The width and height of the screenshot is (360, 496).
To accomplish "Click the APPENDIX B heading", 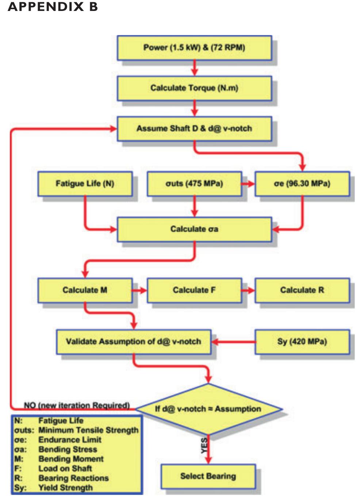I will [x=53, y=7].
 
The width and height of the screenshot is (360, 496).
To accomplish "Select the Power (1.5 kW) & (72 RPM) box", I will [x=194, y=47].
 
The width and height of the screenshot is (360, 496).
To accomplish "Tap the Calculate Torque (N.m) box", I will [x=194, y=88].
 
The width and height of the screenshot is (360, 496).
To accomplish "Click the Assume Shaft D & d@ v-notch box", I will [x=194, y=128].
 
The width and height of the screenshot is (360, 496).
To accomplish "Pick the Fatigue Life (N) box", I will [x=85, y=184].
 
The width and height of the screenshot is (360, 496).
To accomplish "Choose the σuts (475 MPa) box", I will [x=194, y=184].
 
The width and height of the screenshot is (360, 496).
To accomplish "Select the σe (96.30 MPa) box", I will [x=302, y=184].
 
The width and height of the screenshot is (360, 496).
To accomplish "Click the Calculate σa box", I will [x=194, y=229].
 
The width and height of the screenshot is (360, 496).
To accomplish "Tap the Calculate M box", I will [x=85, y=290].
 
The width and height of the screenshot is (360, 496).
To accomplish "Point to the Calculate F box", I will [x=194, y=290].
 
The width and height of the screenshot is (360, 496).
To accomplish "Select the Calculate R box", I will [x=302, y=290].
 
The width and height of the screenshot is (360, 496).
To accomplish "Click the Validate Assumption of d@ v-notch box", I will [x=134, y=342].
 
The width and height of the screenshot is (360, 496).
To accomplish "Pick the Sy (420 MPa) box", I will [x=302, y=342].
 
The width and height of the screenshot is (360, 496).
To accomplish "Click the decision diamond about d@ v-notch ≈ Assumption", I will [x=208, y=409].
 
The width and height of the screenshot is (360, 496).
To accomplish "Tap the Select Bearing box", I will [x=208, y=476].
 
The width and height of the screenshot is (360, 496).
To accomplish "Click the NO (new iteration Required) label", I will [x=77, y=405].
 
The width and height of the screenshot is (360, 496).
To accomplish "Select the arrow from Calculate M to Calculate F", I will [x=139, y=291].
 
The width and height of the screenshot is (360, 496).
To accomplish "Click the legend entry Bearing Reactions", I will [x=73, y=478].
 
